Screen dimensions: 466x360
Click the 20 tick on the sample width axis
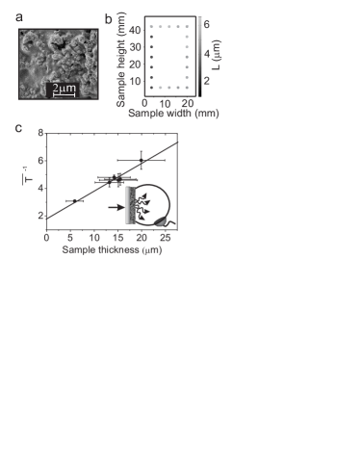click(185, 102)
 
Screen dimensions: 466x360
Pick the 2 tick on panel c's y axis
click(39, 216)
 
